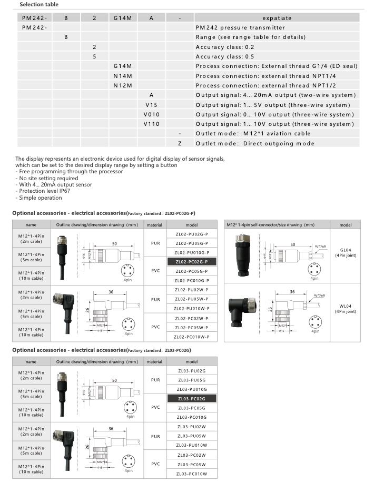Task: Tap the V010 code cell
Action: point(151,114)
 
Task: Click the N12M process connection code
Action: point(122,85)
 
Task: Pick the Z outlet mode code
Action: point(180,143)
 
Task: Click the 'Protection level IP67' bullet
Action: point(43,191)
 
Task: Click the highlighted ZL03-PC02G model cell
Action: point(192,399)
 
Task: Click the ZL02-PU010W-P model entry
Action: point(191,309)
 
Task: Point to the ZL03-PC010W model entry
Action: point(192,474)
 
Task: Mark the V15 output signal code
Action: point(151,105)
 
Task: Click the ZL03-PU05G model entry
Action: point(192,380)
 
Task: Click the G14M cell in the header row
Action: point(122,18)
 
